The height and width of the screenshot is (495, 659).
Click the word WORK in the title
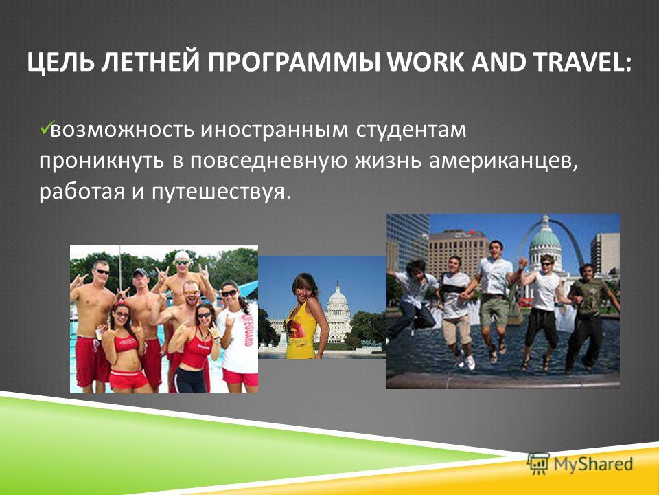pyautogui.click(x=425, y=63)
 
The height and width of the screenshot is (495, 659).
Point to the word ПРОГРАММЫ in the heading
pyautogui.click(x=293, y=63)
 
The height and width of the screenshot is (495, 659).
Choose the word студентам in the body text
pyautogui.click(x=411, y=131)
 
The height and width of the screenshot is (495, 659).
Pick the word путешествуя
pyautogui.click(x=220, y=192)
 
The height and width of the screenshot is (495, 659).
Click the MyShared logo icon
pyautogui.click(x=538, y=464)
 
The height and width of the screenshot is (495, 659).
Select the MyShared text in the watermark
pyautogui.click(x=593, y=464)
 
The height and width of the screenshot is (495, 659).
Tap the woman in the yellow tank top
pyautogui.click(x=305, y=316)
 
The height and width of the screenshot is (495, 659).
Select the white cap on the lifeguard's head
pyautogui.click(x=183, y=255)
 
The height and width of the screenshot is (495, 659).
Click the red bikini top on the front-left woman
pyautogui.click(x=126, y=342)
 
